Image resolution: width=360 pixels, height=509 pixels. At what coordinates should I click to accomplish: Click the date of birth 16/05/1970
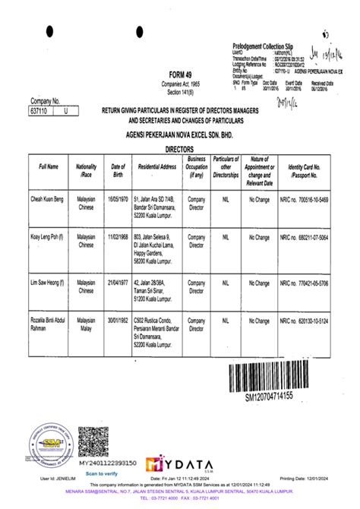tap(118, 197)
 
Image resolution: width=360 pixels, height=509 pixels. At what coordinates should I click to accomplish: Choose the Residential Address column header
tap(158, 166)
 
